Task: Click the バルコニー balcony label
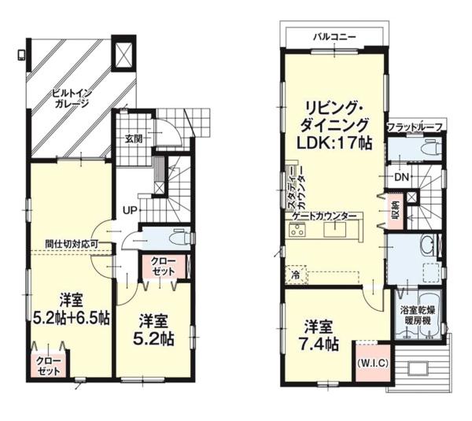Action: (334, 37)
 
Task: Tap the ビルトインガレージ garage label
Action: (72, 98)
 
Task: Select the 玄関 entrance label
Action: (134, 138)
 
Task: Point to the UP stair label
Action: (130, 210)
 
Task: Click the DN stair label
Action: (401, 177)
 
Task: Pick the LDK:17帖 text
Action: (334, 143)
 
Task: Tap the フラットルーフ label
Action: (415, 127)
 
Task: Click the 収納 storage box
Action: (396, 210)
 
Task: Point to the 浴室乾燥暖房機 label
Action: (418, 316)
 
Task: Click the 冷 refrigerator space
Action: (297, 275)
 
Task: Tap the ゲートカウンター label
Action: (324, 216)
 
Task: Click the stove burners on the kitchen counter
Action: (297, 231)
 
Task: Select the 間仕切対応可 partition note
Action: (72, 244)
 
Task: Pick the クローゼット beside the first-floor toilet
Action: (164, 266)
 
